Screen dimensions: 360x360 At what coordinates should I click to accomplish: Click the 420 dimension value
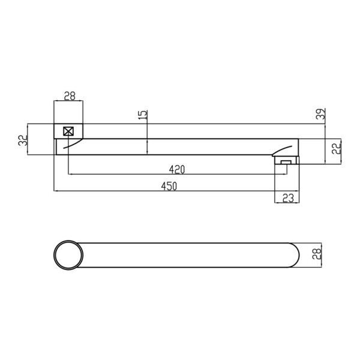click(x=177, y=170)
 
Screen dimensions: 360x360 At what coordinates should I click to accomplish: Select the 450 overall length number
click(x=169, y=186)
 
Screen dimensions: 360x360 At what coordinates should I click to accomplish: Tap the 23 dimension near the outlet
click(x=288, y=198)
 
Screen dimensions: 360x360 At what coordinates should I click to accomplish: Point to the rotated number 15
click(x=143, y=115)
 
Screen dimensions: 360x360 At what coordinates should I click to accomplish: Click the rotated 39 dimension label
click(x=321, y=113)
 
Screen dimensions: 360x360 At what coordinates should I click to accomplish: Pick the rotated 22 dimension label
click(x=337, y=148)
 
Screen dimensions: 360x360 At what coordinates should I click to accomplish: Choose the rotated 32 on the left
click(x=23, y=140)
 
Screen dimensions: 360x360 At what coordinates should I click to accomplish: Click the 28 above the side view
click(x=70, y=96)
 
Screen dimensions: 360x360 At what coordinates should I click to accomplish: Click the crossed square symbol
click(x=68, y=131)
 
